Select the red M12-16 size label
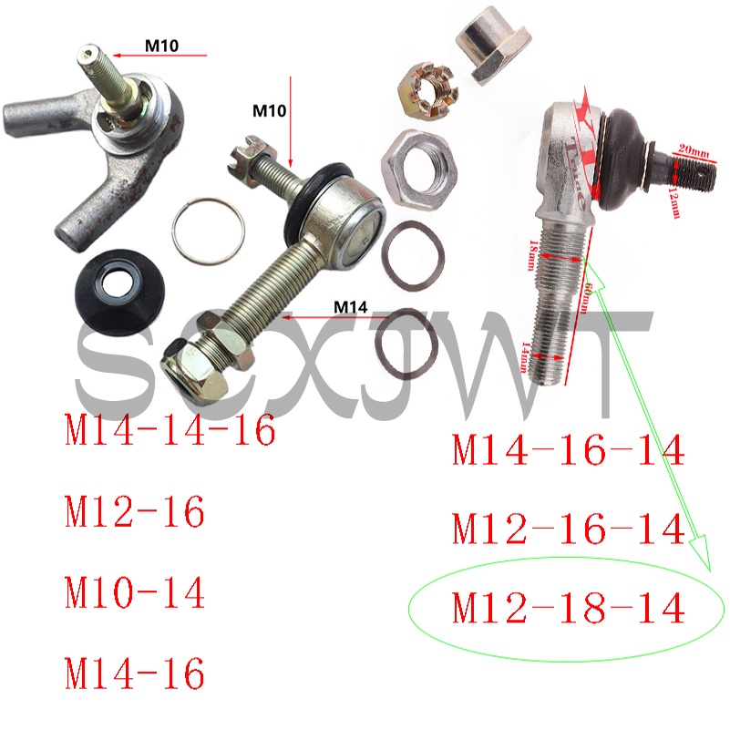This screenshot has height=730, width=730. (135, 514)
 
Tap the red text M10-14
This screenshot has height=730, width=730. (135, 594)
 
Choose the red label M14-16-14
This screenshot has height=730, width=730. (568, 449)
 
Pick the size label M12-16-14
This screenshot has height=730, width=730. (568, 529)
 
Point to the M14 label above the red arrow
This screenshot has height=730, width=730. (351, 306)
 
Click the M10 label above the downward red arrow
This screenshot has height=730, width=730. (270, 111)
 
